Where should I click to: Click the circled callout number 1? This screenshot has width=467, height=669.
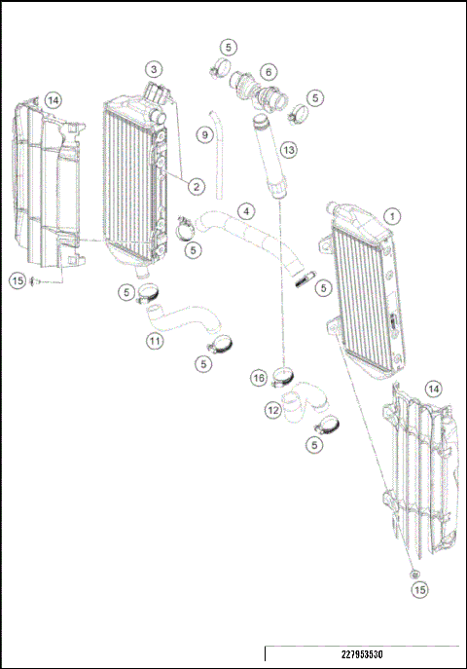click(391, 215)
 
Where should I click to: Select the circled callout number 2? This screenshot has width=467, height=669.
click(197, 185)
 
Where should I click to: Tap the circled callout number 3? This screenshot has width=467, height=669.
click(154, 69)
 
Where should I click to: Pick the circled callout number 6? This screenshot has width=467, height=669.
click(269, 71)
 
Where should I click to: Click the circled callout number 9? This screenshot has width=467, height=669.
click(204, 134)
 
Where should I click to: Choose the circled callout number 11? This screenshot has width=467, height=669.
click(154, 341)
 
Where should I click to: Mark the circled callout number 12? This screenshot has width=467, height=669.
click(273, 411)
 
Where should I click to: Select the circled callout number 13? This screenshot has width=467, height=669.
click(287, 150)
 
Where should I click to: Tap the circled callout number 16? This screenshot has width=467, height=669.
click(259, 377)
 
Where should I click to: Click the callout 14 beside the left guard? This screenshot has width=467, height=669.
click(53, 99)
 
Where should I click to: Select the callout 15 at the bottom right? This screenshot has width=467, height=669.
click(418, 590)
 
